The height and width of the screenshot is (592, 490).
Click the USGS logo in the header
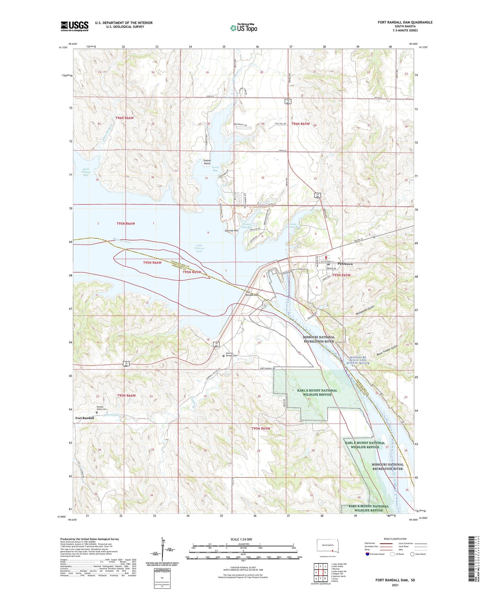point(74,26)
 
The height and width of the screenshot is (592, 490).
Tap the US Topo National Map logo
point(244,27)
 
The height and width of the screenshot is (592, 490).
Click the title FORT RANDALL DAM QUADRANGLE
point(405,22)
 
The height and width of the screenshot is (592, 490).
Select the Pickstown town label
point(345,264)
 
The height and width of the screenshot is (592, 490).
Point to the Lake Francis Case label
point(199,248)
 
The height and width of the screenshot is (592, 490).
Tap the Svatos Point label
point(207,162)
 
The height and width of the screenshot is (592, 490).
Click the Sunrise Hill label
point(232,231)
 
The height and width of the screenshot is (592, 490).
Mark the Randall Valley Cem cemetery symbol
point(97,413)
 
